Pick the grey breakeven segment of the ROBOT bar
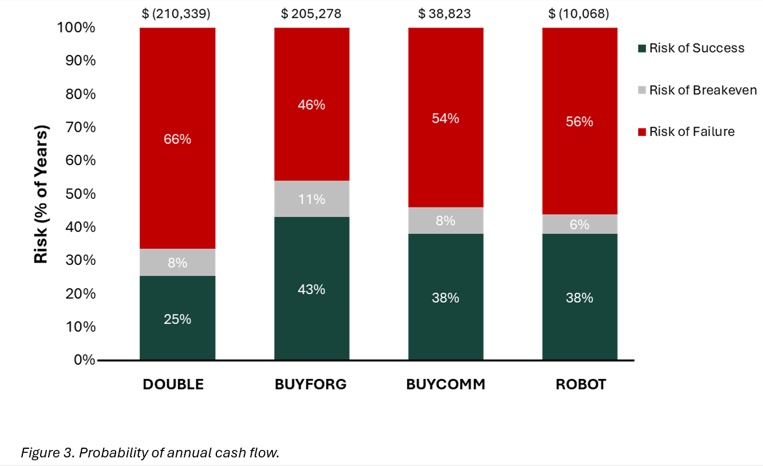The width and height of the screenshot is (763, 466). click(x=579, y=224)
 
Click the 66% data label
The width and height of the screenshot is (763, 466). click(x=177, y=139)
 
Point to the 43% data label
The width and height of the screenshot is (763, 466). click(x=311, y=289)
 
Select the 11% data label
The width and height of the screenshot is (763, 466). click(x=311, y=199)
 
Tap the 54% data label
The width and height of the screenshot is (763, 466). click(x=445, y=119)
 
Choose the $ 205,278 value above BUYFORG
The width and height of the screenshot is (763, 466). click(x=311, y=13)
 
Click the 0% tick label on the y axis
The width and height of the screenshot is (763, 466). click(x=83, y=360)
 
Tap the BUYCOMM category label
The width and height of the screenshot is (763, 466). click(x=445, y=384)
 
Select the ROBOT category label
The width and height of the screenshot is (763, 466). click(x=580, y=384)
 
